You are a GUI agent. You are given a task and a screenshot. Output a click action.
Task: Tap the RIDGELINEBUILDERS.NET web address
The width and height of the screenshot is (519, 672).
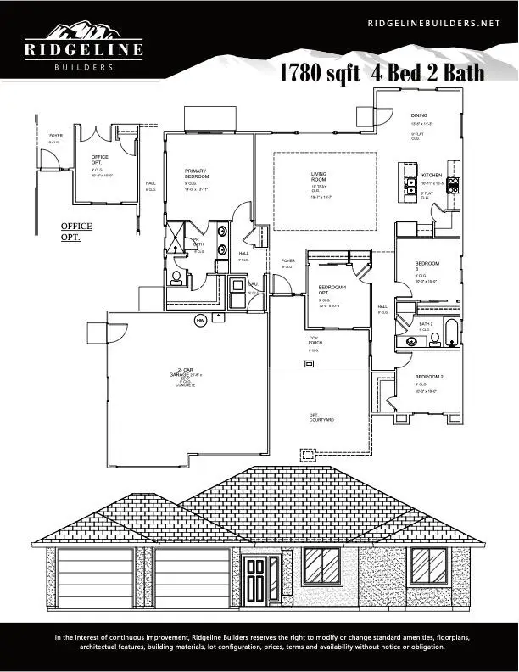click(434, 24)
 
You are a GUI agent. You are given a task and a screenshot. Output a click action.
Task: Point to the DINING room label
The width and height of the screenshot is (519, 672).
click(419, 115)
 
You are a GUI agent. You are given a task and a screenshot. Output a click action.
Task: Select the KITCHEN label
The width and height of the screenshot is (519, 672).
click(432, 174)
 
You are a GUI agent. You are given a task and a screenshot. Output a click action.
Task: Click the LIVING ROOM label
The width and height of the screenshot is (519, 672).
click(319, 176)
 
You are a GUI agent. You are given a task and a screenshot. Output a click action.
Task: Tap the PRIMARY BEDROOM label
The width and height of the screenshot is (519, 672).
click(196, 174)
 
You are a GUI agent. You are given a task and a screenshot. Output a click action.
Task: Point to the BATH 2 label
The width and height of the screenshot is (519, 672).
click(426, 324)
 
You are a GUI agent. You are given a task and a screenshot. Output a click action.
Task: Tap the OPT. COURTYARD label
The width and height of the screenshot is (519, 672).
click(321, 417)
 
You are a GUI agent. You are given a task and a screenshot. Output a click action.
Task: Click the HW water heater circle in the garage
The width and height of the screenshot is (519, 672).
click(201, 321)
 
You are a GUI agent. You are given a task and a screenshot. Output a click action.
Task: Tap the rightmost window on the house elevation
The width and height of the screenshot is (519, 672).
click(427, 565)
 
